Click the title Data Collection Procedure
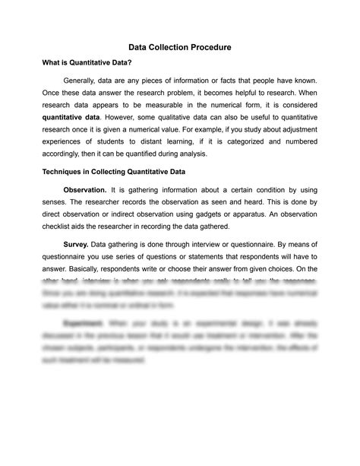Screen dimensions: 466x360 point(180,47)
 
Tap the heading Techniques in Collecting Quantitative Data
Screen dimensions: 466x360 point(113,172)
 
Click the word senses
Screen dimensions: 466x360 point(55,203)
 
